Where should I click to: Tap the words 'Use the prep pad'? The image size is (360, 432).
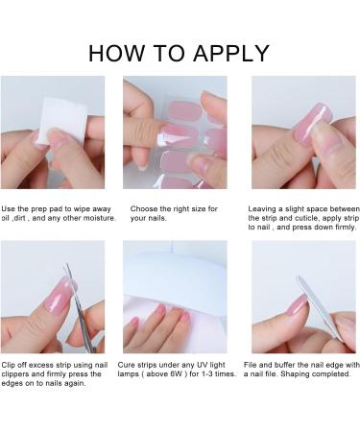[x=35, y=208]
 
